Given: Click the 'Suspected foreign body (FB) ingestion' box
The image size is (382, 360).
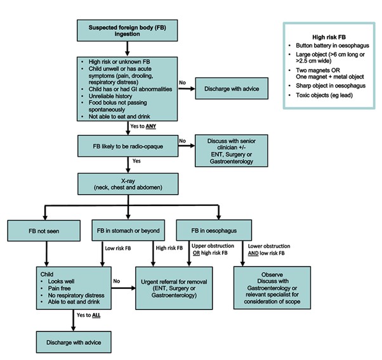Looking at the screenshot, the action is pyautogui.click(x=127, y=30).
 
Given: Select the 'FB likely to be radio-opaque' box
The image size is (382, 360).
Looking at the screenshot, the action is pyautogui.click(x=128, y=146).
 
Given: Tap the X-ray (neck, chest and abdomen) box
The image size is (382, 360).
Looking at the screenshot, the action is pyautogui.click(x=128, y=184).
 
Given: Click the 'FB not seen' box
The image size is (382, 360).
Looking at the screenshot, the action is pyautogui.click(x=44, y=231).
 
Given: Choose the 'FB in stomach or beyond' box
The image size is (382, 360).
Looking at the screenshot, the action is pyautogui.click(x=128, y=230).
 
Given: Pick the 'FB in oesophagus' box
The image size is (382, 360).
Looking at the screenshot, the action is pyautogui.click(x=214, y=230).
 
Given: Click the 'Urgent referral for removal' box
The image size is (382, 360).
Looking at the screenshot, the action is pyautogui.click(x=174, y=288).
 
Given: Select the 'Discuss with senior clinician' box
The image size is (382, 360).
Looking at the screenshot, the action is pyautogui.click(x=232, y=151).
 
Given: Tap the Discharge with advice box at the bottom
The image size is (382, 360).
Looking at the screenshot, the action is pyautogui.click(x=74, y=342).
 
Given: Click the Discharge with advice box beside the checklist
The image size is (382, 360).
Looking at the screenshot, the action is pyautogui.click(x=232, y=89).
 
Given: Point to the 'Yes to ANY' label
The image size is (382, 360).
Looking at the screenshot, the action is pyautogui.click(x=143, y=126).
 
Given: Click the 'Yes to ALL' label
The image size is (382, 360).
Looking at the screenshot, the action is pyautogui.click(x=88, y=315).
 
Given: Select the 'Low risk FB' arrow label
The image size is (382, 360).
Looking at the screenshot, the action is pyautogui.click(x=118, y=248).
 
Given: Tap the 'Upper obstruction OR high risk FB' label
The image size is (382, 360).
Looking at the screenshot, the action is pyautogui.click(x=213, y=250).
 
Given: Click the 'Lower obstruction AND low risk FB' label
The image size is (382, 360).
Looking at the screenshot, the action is pyautogui.click(x=269, y=250).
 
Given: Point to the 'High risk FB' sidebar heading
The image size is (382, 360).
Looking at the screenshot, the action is pyautogui.click(x=329, y=37).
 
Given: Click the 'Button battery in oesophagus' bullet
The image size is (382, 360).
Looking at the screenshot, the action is pyautogui.click(x=333, y=46).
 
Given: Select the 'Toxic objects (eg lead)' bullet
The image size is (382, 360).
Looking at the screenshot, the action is pyautogui.click(x=324, y=95).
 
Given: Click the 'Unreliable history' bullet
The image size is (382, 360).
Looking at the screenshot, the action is pyautogui.click(x=110, y=96).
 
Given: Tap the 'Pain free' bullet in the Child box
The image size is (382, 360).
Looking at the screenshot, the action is pyautogui.click(x=59, y=288).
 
